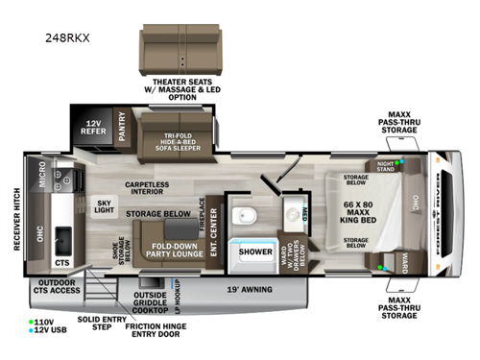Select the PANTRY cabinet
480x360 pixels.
coord(123,130)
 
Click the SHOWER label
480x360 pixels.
coord(255,252)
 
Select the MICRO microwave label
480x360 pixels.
coord(43,176)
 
